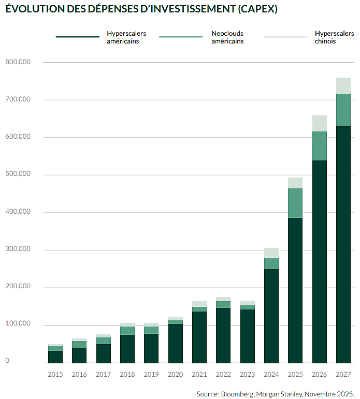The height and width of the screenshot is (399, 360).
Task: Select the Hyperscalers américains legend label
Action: [126, 37]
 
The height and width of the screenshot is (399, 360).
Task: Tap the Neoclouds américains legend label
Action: [227, 37]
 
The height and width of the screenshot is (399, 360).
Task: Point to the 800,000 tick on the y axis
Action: [18, 62]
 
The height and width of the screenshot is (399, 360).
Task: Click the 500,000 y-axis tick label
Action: [18, 174]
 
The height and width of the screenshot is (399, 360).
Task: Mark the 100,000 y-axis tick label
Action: [18, 324]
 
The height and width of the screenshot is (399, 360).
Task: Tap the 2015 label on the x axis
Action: [55, 374]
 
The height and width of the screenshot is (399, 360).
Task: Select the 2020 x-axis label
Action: [175, 374]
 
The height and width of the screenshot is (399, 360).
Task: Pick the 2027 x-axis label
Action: [343, 374]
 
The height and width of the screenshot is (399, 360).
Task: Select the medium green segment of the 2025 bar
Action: [295, 203]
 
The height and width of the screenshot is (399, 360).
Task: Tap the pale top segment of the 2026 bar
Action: [320, 123]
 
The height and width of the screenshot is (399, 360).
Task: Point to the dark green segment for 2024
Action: [271, 316]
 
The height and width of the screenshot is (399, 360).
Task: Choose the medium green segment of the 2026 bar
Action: [320, 146]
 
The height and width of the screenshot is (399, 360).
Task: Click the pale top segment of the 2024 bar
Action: [271, 253]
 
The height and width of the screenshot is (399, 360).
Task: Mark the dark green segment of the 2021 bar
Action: [199, 337]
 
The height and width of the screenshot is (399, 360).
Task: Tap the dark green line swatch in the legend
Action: [77, 37]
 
